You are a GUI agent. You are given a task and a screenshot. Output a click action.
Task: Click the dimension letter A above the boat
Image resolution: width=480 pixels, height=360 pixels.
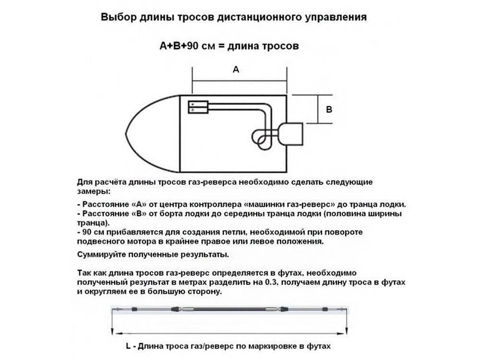[236, 70]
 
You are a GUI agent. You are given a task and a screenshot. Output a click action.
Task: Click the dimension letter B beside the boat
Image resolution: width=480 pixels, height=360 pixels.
[329, 109]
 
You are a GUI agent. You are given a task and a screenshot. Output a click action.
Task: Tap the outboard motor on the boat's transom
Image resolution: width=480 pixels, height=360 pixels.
[290, 134]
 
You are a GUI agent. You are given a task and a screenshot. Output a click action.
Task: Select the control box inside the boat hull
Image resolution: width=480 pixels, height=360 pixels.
[198, 107]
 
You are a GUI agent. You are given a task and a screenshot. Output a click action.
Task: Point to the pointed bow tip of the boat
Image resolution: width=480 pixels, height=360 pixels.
[126, 134]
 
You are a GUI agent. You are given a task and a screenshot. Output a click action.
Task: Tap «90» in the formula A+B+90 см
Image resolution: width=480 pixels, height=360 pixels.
[192, 46]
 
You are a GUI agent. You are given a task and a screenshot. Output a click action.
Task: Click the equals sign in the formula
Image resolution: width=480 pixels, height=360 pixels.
[221, 46]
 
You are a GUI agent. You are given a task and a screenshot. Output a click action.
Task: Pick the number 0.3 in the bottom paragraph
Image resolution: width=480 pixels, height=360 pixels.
[271, 282]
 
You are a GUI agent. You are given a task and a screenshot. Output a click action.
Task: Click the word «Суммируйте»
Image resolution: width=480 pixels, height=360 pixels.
[100, 255]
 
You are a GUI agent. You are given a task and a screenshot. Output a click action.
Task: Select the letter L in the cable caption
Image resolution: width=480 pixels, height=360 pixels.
[128, 346]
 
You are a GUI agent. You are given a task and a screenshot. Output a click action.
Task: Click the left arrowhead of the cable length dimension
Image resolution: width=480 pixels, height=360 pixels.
[113, 331]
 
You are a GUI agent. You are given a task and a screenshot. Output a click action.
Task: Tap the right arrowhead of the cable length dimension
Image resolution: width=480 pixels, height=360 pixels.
[347, 331]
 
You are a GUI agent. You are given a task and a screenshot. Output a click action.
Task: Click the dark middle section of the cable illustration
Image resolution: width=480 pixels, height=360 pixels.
[229, 309]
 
